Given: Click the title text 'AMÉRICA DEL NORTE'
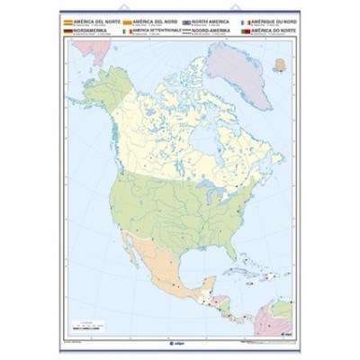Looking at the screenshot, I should point(88,19).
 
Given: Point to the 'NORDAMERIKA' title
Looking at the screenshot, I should point(86,30).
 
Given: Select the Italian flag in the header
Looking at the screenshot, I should point(127,31).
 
